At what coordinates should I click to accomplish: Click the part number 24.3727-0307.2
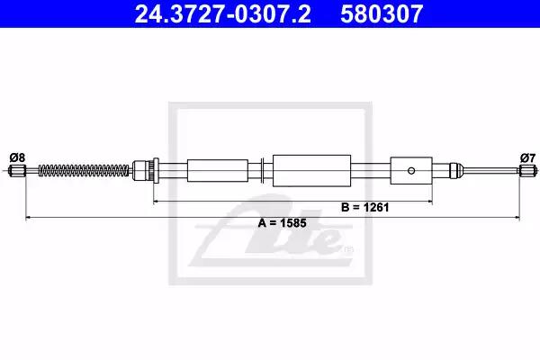223,14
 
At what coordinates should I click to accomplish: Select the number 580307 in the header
382,14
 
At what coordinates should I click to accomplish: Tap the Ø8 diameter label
17,157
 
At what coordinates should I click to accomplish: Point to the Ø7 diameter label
528,157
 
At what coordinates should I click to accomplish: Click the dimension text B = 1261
365,207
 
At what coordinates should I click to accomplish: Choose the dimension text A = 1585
282,223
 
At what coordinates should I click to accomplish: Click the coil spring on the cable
84,170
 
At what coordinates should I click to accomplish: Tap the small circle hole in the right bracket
411,170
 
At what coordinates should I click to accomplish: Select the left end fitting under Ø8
17,170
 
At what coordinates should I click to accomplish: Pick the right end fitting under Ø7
527,170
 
